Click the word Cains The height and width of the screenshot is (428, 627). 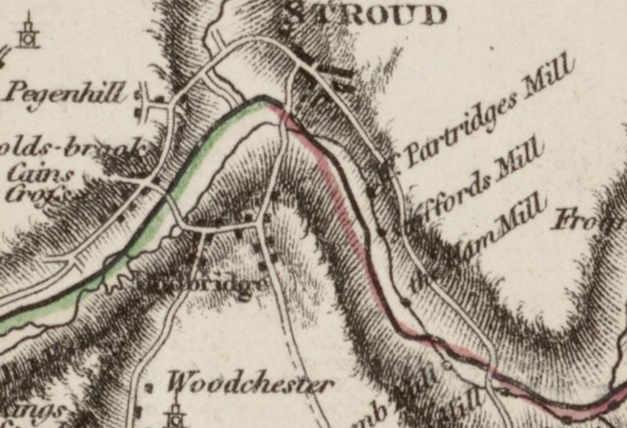point(39,174)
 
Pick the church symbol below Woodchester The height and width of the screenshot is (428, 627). point(175,414)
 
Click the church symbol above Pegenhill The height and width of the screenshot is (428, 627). point(28,33)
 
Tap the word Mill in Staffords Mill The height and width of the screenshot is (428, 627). point(520,161)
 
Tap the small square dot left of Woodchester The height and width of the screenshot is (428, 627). point(149,388)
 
